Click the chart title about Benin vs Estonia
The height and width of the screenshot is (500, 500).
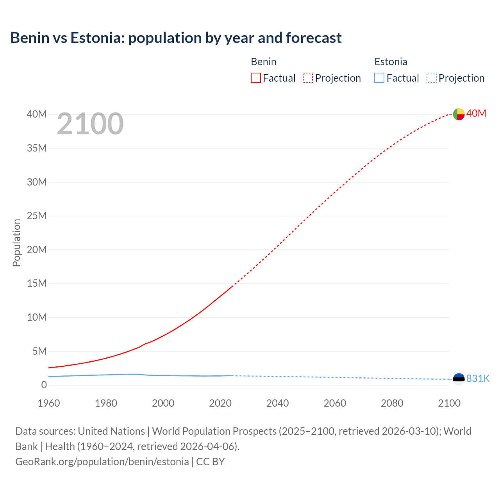tap(176, 38)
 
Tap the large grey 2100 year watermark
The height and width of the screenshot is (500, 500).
tap(90, 124)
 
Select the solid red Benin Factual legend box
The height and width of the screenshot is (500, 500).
tap(255, 78)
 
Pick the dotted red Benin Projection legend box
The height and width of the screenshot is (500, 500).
tap(308, 78)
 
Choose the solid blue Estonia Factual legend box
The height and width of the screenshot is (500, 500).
tap(379, 78)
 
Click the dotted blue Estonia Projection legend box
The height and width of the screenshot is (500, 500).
tap(431, 78)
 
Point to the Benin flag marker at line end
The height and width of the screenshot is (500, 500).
tap(459, 114)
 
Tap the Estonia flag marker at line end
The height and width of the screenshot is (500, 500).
tap(459, 379)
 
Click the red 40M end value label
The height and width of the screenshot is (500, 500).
tap(476, 113)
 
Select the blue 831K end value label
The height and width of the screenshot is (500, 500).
tap(478, 379)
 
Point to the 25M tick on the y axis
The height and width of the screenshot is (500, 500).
tap(37, 216)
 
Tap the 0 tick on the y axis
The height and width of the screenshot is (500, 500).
tap(44, 385)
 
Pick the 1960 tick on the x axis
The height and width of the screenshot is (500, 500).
tap(49, 403)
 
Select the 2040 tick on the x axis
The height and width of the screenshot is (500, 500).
tap(277, 403)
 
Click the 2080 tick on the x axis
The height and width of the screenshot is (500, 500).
tap(392, 403)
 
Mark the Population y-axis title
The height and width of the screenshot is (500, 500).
tap(16, 243)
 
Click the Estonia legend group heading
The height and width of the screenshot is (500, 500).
tap(391, 62)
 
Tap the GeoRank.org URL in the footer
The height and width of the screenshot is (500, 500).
tap(102, 462)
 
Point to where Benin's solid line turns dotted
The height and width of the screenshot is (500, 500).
tap(233, 286)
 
